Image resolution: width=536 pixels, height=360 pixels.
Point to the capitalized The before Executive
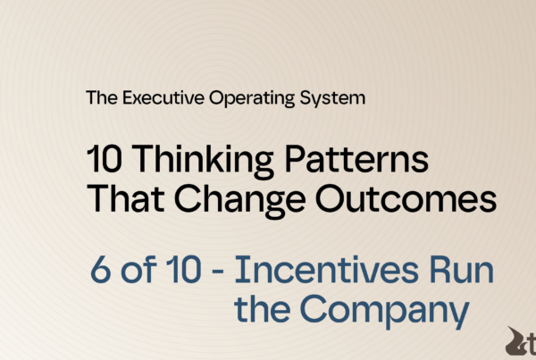point(100,97)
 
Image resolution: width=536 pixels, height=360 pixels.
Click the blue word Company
point(383,313)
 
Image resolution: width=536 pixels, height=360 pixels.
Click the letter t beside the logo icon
point(531,342)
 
